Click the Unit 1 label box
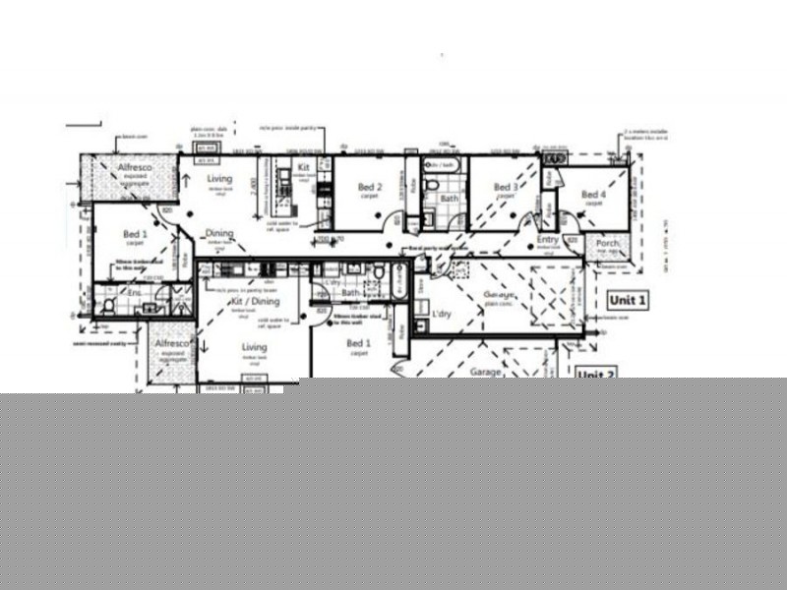[628, 300]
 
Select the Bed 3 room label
[505, 187]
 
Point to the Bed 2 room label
[369, 187]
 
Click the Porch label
[607, 244]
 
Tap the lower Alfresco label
[170, 344]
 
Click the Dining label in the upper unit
[219, 234]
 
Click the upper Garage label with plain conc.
[500, 295]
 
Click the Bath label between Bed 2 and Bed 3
[449, 199]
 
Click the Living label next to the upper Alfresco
[218, 179]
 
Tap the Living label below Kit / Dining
[254, 347]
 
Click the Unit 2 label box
[596, 375]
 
